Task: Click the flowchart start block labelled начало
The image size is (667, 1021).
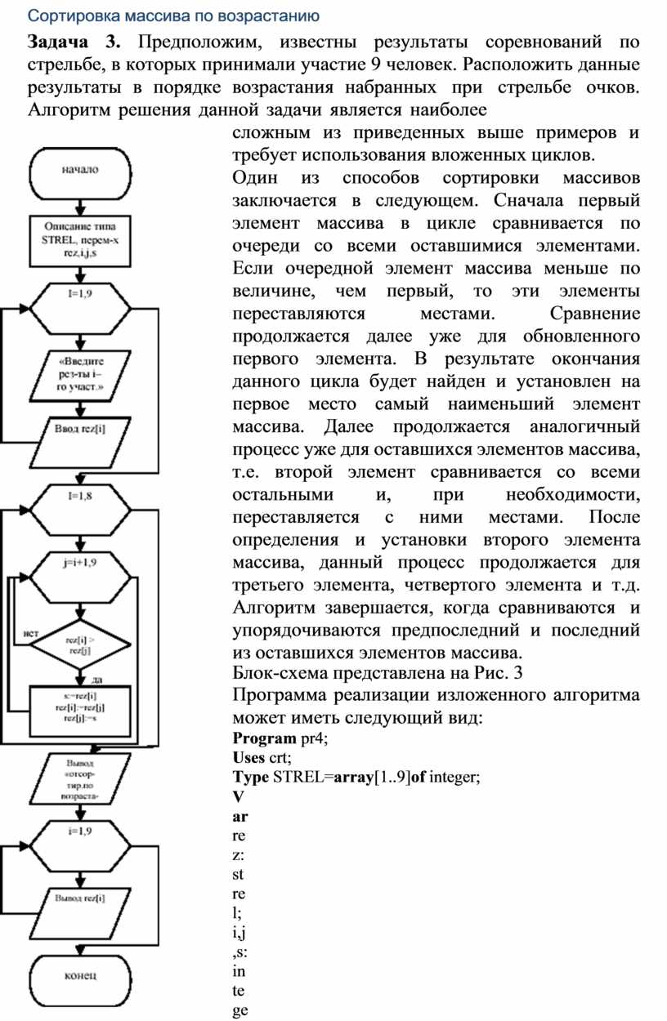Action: [x=80, y=171]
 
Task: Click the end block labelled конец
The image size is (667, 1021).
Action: [x=80, y=975]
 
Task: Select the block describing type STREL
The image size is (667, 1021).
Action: [x=80, y=241]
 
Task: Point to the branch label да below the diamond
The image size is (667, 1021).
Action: [x=96, y=680]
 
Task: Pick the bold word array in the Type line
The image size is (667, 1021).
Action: [x=349, y=778]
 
